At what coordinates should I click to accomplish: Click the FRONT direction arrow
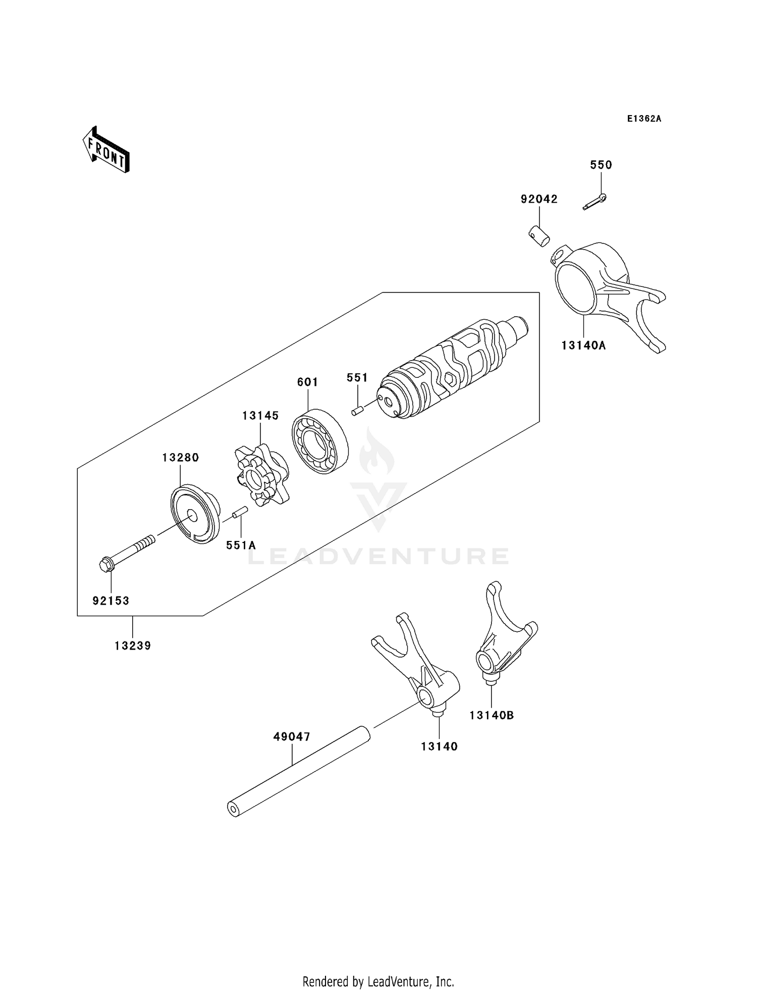click(x=106, y=151)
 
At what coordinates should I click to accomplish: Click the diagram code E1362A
click(x=644, y=119)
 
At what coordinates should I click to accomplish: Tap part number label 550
click(x=601, y=165)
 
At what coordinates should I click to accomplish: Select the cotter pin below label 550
click(x=594, y=202)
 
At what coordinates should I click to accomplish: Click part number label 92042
click(x=539, y=199)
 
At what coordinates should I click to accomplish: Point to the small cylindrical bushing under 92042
click(x=539, y=237)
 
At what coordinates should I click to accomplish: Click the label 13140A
click(x=583, y=345)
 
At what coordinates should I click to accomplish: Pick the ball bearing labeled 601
click(x=320, y=440)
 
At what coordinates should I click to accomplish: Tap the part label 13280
click(x=180, y=457)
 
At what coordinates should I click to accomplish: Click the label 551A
click(x=241, y=545)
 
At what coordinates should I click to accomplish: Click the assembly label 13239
click(x=133, y=646)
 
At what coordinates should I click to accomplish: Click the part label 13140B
click(x=492, y=715)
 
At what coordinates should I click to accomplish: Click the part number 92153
click(x=111, y=601)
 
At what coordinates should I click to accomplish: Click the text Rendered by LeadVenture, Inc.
click(x=378, y=981)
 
